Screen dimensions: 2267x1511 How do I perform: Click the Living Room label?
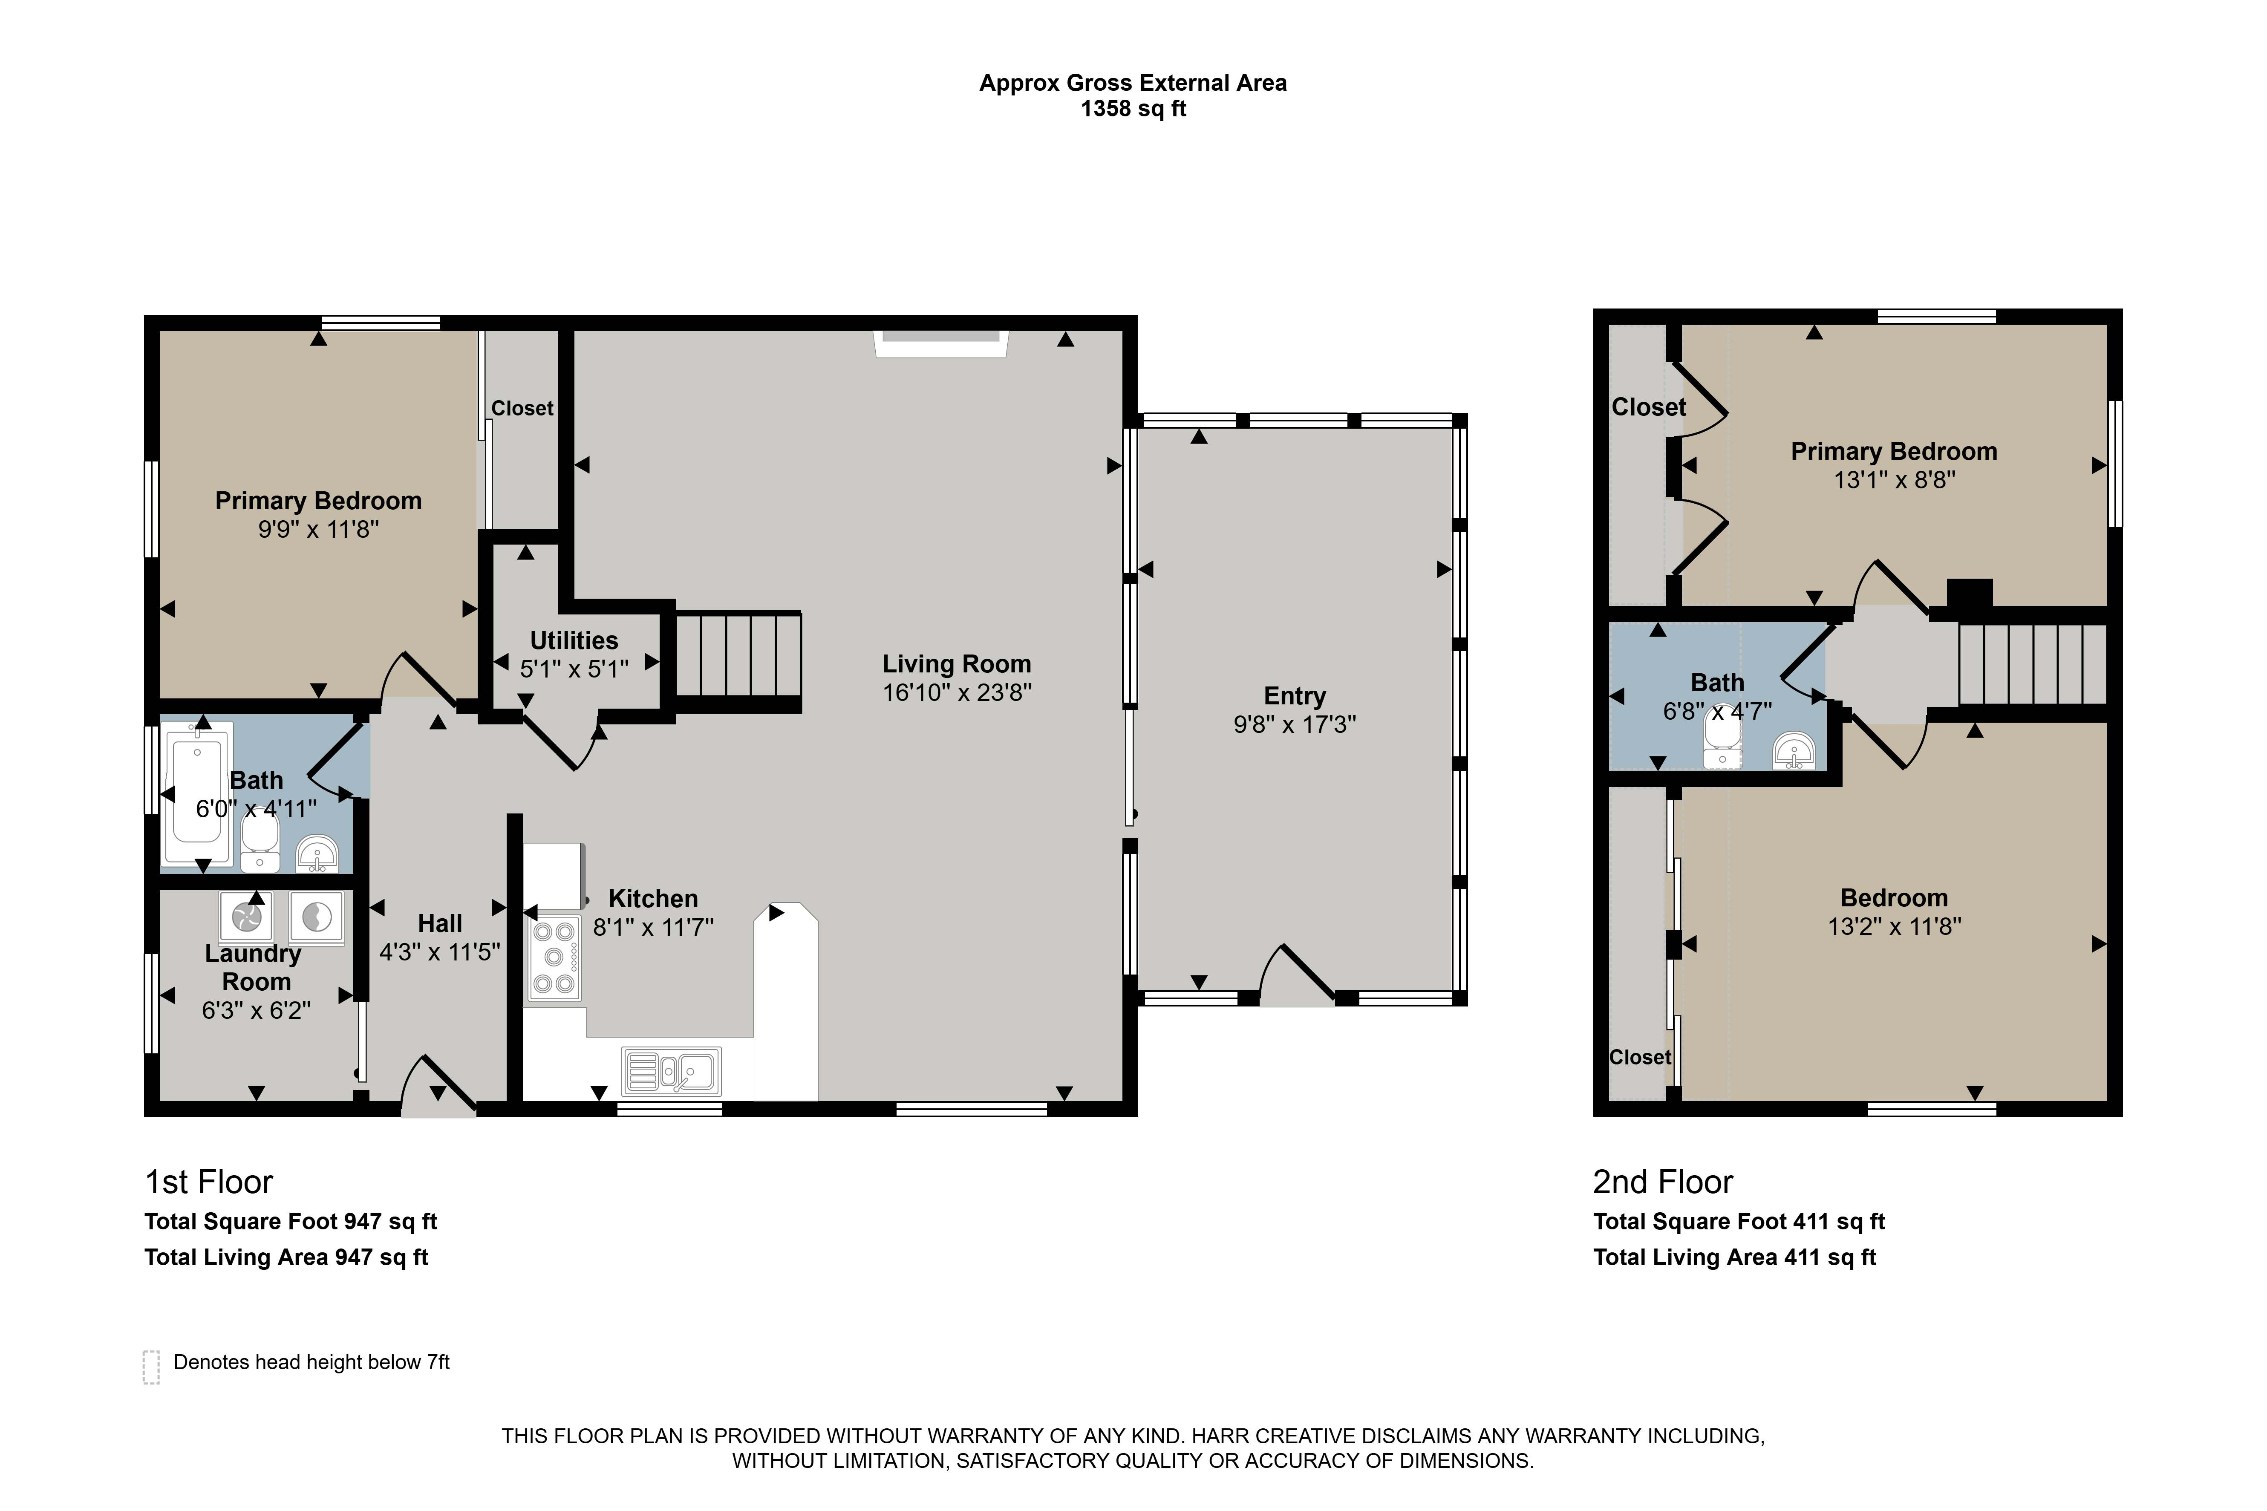click(957, 664)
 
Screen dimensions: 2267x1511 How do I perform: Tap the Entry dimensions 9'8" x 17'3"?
click(1295, 724)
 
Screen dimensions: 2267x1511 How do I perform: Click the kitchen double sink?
click(672, 1071)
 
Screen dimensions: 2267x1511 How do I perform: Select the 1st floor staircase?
click(738, 655)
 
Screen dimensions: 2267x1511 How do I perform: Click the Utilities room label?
click(574, 641)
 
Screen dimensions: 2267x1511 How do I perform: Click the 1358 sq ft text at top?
click(1133, 109)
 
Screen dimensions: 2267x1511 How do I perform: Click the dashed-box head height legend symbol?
click(151, 1367)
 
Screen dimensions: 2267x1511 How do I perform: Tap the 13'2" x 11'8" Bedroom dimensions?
click(1894, 926)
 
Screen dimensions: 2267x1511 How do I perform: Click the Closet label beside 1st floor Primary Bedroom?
click(522, 409)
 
